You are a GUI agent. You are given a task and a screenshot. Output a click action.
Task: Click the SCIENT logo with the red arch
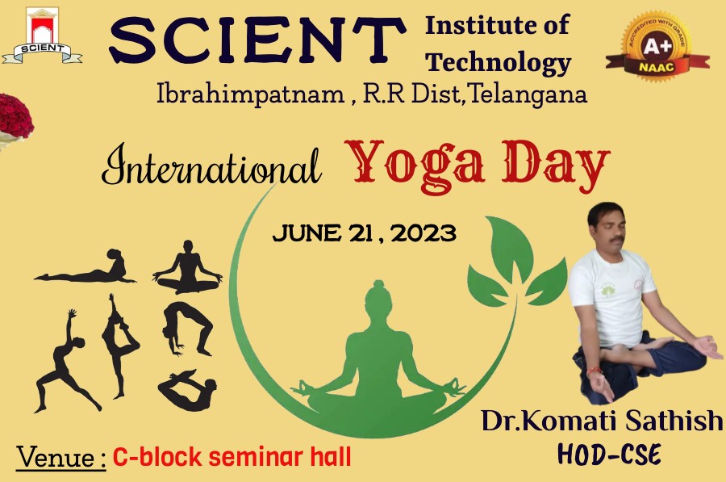point(42,36)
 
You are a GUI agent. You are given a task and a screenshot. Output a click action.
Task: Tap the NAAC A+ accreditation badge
point(657,46)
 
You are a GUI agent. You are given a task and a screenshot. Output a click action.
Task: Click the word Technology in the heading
point(499,62)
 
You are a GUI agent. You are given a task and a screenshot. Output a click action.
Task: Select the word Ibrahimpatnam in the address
point(251,94)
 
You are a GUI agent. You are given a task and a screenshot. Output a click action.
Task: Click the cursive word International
point(211,165)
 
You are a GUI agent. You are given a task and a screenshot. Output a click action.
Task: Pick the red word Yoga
point(415,166)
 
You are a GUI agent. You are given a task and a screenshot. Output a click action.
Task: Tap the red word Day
point(556,166)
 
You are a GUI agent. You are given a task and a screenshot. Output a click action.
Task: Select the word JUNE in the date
point(307,233)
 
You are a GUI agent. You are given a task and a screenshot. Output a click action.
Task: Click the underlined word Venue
point(61,458)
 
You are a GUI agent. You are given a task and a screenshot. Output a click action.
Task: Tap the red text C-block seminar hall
point(232,457)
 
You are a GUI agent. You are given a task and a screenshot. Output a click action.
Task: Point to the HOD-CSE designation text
point(609,455)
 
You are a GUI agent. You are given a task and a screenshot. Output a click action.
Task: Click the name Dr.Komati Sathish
point(602,421)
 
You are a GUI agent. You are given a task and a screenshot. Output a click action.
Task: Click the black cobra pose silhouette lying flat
point(86,268)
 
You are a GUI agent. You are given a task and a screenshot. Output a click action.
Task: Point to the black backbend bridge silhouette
point(187,328)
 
